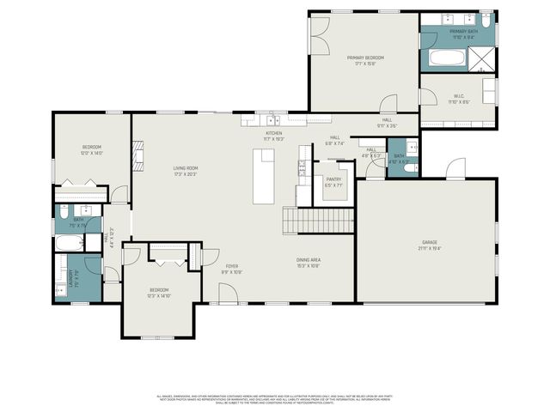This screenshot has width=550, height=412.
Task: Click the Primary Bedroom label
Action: tap(364, 58)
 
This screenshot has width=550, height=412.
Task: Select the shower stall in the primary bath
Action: tap(483, 58)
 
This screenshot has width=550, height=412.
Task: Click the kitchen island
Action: tap(264, 176)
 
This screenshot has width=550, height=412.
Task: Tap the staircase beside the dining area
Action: tap(318, 221)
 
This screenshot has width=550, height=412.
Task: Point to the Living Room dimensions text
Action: tap(186, 174)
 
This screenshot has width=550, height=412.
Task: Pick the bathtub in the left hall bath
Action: tap(68, 243)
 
